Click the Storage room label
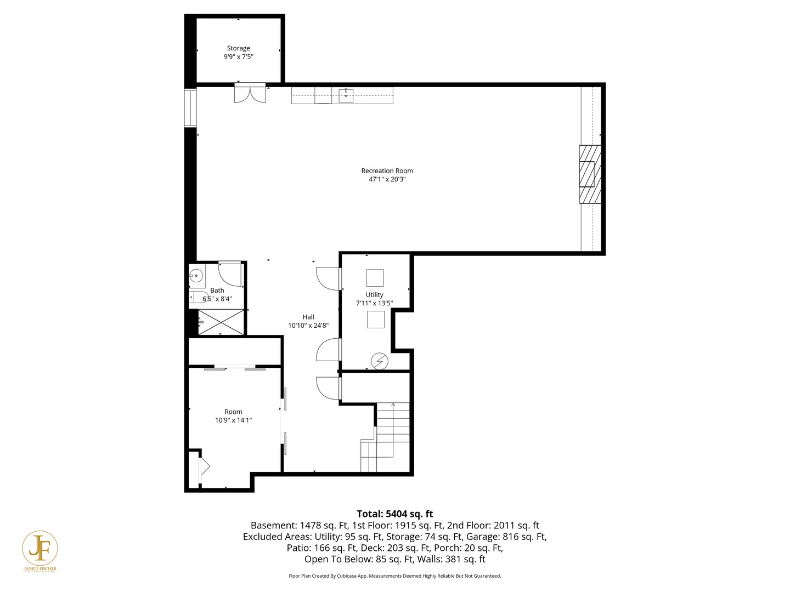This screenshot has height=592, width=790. coord(238,48)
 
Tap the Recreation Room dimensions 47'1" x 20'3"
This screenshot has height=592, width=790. coord(387,179)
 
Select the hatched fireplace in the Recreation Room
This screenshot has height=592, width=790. coord(590,174)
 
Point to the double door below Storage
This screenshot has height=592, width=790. coord(250,94)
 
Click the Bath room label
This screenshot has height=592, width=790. coord(217,291)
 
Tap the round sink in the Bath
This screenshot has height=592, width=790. coord(196,276)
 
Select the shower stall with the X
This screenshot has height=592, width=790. coord(221,322)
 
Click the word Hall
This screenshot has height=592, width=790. coord(308,317)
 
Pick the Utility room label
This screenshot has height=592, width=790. coord(374,294)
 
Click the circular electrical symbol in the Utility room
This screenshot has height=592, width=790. coord(379,361)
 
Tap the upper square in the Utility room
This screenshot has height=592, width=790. coord(375,278)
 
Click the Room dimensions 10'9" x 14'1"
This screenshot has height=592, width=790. coord(233,420)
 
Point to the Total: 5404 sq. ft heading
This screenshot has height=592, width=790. coord(394,514)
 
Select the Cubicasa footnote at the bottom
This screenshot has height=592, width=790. coord(394,576)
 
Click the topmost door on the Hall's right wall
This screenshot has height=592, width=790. coord(328,278)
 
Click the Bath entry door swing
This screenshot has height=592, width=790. coord(230,274)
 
